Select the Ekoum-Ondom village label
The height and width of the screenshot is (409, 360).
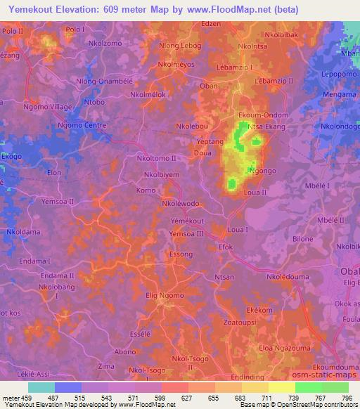pyautogui.click(x=263, y=116)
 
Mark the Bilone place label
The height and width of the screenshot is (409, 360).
pyautogui.click(x=303, y=239)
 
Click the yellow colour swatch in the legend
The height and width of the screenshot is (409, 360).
pyautogui.click(x=281, y=387)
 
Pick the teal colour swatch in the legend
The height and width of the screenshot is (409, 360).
pyautogui.click(x=41, y=387)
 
